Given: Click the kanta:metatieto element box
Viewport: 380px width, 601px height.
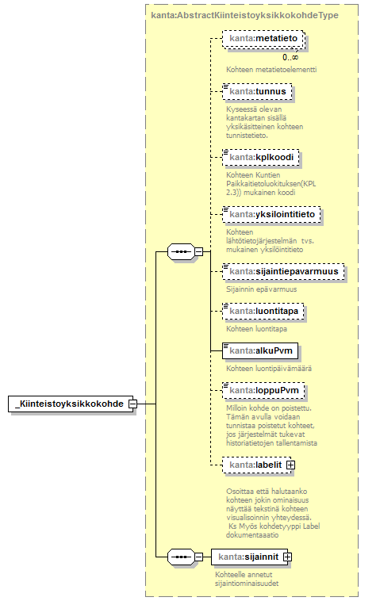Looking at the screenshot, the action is pyautogui.click(x=264, y=40).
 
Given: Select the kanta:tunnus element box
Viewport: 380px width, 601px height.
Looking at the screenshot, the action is pyautogui.click(x=257, y=92).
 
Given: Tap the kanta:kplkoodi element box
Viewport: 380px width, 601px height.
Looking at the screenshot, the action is pyautogui.click(x=261, y=158).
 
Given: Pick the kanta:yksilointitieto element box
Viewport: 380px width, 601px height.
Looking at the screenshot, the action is pyautogui.click(x=271, y=215).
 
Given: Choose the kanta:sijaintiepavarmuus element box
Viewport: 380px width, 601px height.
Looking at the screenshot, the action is pyautogui.click(x=283, y=272).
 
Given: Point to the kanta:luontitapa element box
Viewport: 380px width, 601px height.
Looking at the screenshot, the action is pyautogui.click(x=263, y=312).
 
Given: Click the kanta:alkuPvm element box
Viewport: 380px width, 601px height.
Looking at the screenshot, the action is pyautogui.click(x=260, y=350).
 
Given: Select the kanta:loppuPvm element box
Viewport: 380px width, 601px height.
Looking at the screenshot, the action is pyautogui.click(x=263, y=391).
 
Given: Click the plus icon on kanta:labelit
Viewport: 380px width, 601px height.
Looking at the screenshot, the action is pyautogui.click(x=291, y=465).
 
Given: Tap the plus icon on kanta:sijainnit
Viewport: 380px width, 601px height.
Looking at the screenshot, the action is pyautogui.click(x=288, y=557).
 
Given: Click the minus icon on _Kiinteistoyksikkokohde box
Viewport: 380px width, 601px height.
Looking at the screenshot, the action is pyautogui.click(x=133, y=404).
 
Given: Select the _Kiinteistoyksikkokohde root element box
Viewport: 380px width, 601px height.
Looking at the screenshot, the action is pyautogui.click(x=71, y=404).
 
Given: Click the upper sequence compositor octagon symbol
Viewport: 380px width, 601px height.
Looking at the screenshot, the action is pyautogui.click(x=182, y=252).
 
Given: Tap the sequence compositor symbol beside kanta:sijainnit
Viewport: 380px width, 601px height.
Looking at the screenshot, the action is pyautogui.click(x=182, y=557).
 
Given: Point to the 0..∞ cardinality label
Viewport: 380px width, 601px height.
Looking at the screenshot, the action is pyautogui.click(x=290, y=58).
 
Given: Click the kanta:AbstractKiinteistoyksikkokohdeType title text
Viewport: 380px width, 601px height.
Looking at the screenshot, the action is pyautogui.click(x=244, y=15).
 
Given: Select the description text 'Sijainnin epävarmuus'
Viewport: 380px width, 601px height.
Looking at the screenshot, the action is pyautogui.click(x=262, y=289).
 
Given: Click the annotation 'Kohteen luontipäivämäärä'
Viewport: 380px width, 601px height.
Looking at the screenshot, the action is pyautogui.click(x=269, y=369).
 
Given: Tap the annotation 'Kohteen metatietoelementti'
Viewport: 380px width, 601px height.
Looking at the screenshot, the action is pyautogui.click(x=271, y=70).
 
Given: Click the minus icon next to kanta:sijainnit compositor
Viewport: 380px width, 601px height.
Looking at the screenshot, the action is pyautogui.click(x=198, y=557).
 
